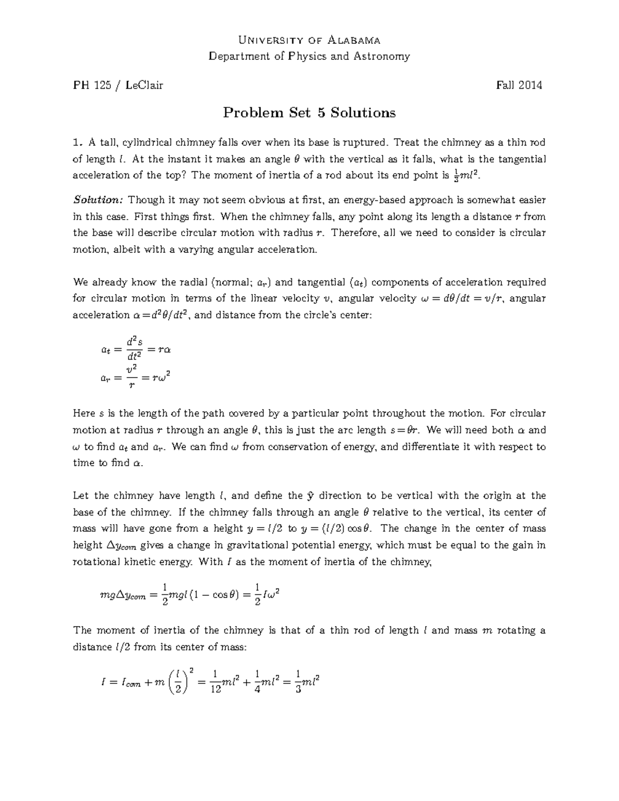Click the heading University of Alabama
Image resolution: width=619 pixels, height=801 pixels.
click(309, 40)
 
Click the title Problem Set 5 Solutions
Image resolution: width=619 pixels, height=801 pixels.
click(309, 112)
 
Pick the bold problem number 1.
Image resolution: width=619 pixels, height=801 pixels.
click(77, 142)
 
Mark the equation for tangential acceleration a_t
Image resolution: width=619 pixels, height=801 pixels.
click(136, 349)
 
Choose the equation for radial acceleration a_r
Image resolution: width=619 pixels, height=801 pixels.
click(136, 378)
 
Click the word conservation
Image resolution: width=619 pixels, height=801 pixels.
click(298, 447)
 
